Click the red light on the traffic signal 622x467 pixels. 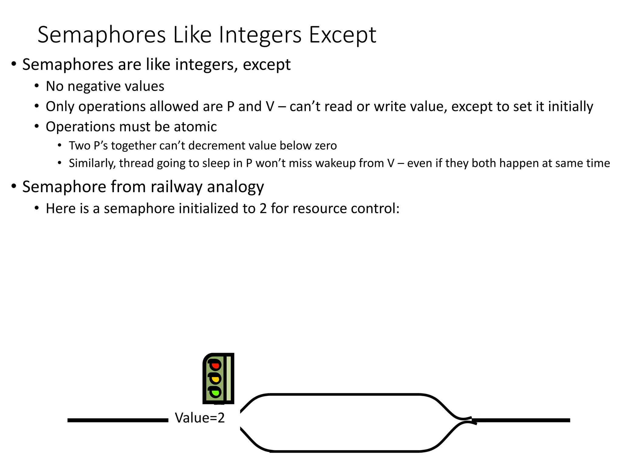[x=215, y=365]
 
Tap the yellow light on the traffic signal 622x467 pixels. [x=215, y=379]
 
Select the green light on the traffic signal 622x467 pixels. [x=215, y=393]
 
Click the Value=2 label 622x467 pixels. [x=200, y=418]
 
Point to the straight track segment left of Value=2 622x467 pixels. [x=118, y=420]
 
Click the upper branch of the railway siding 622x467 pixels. [x=344, y=395]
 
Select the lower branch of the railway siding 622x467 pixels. [x=344, y=451]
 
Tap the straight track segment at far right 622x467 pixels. [x=521, y=420]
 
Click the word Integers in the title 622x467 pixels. [x=260, y=35]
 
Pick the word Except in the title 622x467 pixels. [x=343, y=35]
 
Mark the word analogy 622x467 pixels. [x=235, y=187]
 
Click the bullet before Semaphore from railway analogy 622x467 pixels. [x=14, y=186]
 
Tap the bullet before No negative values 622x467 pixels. [x=37, y=86]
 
